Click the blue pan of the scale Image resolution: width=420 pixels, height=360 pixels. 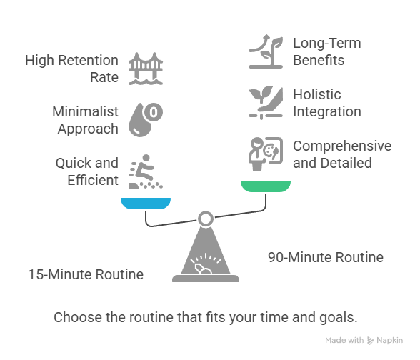click(146, 204)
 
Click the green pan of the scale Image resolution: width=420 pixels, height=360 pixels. click(266, 186)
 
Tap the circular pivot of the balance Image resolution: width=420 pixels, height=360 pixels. click(206, 219)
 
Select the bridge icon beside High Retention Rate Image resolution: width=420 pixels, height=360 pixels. click(146, 69)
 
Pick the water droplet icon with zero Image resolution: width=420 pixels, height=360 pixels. click(146, 120)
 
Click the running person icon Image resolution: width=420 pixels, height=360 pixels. click(146, 171)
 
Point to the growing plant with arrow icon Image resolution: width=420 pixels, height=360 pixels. click(266, 51)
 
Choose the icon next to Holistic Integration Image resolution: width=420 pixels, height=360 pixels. click(266, 103)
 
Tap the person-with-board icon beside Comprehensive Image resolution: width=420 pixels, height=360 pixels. click(266, 154)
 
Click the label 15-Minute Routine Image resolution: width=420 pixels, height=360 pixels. click(86, 274)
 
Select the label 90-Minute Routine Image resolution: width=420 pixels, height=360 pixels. click(326, 257)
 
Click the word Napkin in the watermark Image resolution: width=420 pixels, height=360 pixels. click(389, 340)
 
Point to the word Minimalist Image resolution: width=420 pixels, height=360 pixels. click(85, 111)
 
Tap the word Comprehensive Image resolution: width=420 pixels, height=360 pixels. click(342, 146)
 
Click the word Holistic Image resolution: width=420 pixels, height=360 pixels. click(317, 94)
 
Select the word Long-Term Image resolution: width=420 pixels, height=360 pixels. click(327, 43)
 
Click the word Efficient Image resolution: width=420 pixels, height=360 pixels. click(93, 180)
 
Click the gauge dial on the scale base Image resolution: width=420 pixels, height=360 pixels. click(206, 263)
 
